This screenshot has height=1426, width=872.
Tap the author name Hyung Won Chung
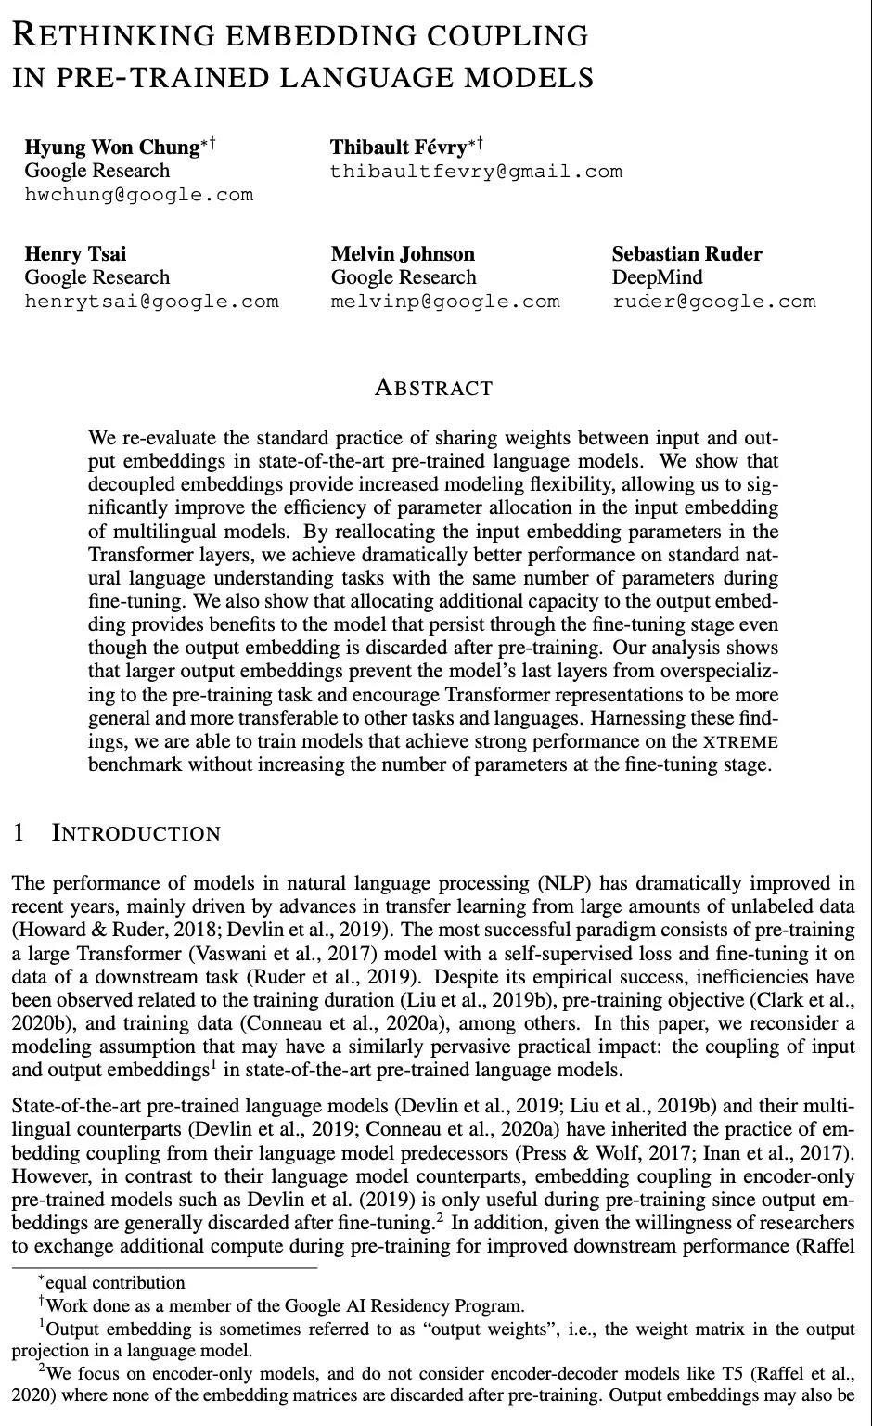click(111, 148)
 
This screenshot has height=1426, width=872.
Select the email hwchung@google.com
click(138, 195)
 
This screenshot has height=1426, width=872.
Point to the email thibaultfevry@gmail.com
click(476, 172)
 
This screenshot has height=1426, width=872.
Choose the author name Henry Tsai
click(75, 254)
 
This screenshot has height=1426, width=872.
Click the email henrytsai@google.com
click(151, 302)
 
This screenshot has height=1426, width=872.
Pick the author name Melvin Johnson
click(403, 254)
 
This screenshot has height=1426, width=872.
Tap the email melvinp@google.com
click(445, 302)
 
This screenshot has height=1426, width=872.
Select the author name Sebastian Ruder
click(686, 254)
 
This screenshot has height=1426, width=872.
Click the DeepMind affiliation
click(657, 277)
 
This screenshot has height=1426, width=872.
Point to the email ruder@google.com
click(713, 302)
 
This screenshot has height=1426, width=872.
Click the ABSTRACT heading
click(433, 388)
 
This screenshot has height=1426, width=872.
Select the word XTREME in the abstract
click(740, 742)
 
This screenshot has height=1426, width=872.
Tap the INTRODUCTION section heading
click(136, 833)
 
